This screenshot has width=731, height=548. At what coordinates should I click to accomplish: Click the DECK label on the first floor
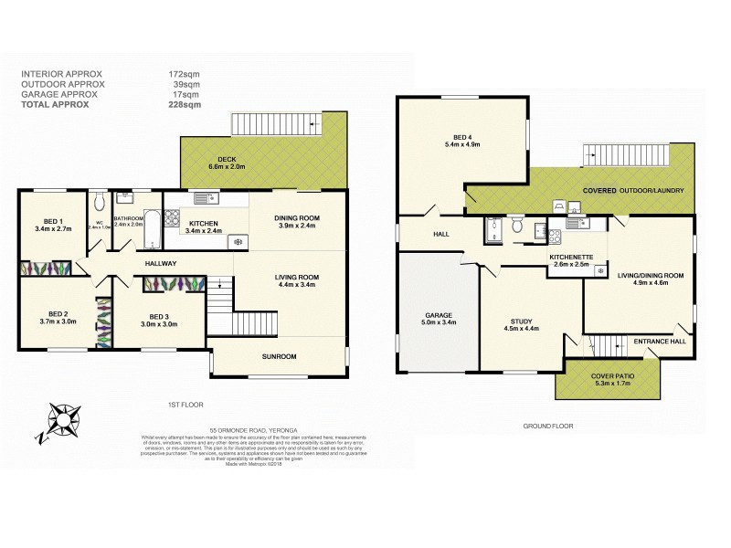click(215, 159)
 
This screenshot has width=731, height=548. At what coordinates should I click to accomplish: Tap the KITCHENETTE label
click(573, 257)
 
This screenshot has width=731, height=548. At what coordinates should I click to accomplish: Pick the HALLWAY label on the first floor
click(160, 264)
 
